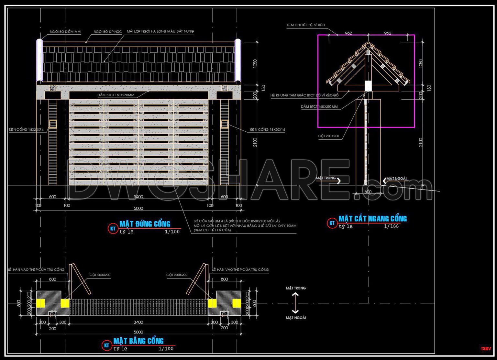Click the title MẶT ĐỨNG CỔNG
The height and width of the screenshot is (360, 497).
[x=145, y=224]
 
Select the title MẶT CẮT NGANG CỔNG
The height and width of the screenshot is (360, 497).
[x=372, y=219]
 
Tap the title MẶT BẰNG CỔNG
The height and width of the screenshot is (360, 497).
[x=138, y=341]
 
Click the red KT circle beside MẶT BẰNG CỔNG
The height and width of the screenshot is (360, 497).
[x=106, y=345]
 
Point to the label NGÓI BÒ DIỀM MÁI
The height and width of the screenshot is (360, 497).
[x=65, y=32]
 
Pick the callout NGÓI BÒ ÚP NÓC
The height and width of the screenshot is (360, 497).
[x=107, y=32]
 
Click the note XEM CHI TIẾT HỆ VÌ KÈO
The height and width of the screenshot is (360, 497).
[x=305, y=25]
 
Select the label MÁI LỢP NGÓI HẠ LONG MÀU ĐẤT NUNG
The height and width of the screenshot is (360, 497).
[x=160, y=31]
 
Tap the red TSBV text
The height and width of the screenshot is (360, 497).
[x=486, y=349]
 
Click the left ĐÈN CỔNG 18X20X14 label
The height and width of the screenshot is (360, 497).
[x=26, y=130]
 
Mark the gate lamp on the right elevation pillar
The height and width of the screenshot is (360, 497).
[x=224, y=124]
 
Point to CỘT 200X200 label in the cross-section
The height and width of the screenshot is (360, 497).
[x=328, y=136]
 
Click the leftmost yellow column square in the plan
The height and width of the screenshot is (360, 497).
[x=40, y=303]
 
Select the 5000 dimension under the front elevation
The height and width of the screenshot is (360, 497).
[x=138, y=208]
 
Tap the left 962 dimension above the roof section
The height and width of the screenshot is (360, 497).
[x=348, y=33]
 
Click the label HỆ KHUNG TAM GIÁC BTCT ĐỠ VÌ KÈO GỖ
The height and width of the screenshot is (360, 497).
[x=304, y=95]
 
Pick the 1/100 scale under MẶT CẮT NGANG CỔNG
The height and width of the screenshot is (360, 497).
[x=391, y=226]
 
